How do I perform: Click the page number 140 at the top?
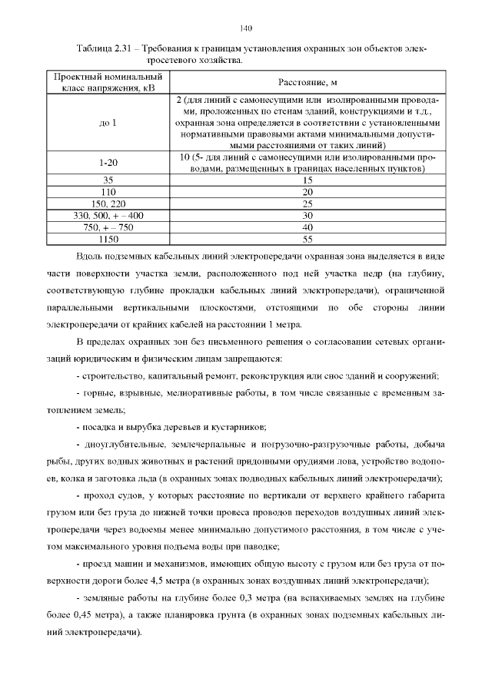pos(246,28)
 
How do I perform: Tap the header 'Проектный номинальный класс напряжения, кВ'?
pos(108,83)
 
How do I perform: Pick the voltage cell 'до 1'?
pos(108,122)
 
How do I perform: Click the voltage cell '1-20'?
pos(108,163)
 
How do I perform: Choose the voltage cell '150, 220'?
pos(108,204)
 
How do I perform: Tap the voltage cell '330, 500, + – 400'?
pos(108,216)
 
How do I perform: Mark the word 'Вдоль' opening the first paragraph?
pos(90,256)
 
